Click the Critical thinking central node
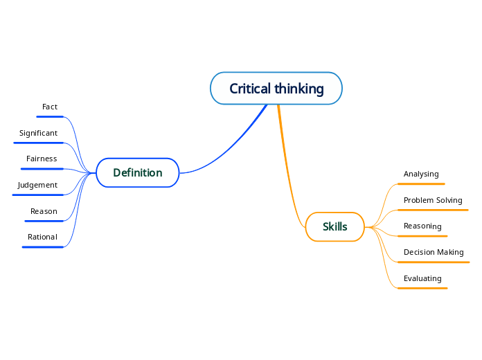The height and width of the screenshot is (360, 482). [x=276, y=89]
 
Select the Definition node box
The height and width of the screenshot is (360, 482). [x=137, y=172]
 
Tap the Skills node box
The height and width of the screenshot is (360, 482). [x=334, y=226]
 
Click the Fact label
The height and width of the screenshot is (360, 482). [x=50, y=107]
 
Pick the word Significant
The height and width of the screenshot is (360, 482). [x=38, y=133]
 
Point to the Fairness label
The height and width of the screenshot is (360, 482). [x=42, y=159]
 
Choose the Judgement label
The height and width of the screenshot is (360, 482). [x=37, y=185]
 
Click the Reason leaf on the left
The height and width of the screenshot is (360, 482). [x=44, y=211]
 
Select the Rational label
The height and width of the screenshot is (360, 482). [x=42, y=237]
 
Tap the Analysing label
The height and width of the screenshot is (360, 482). [x=421, y=174]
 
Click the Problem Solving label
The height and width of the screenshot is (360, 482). [x=433, y=200]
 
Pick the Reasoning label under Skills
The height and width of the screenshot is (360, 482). [x=422, y=226]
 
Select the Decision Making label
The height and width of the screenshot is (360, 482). [x=434, y=252]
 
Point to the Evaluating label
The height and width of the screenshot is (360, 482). [x=422, y=278]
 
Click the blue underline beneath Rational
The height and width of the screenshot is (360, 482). [x=43, y=246]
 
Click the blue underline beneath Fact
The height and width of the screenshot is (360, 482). [x=50, y=116]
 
